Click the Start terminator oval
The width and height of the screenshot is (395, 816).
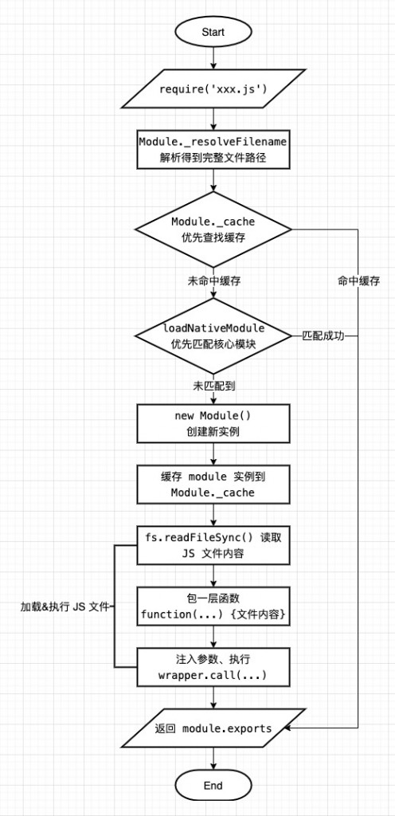coord(213,33)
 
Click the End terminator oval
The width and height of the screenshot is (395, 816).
coord(213,785)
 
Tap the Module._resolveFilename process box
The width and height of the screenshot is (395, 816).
coord(213,149)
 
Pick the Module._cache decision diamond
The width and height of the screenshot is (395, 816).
coord(213,229)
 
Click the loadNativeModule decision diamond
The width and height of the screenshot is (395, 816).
coord(213,335)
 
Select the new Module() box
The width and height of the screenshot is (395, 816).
coord(213,424)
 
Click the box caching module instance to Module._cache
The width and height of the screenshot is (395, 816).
coord(213,484)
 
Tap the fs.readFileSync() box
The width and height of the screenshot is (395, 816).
coord(213,545)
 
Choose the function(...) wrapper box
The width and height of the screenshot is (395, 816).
coord(213,606)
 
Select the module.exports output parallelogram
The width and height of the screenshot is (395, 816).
coord(213,728)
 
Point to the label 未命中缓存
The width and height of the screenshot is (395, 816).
coord(213,281)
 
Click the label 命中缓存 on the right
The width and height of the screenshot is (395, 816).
coord(358,281)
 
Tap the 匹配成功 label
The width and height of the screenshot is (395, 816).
coord(323,335)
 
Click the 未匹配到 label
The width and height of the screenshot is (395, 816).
coord(213,385)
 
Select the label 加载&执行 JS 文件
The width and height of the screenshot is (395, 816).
coord(63,606)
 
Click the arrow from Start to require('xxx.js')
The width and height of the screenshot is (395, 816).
coord(213,61)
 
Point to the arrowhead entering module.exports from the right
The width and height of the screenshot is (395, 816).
coord(288,728)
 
